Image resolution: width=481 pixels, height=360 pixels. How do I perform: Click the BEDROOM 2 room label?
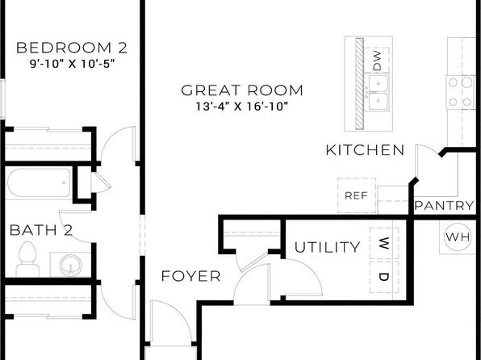click(72, 48)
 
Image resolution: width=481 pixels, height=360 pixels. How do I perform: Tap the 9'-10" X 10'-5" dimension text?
click(72, 64)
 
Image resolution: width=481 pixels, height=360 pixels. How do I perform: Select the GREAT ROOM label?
click(242, 90)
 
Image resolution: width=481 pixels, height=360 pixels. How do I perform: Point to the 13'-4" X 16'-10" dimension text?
click(242, 107)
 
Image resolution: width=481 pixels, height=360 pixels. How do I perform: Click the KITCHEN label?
click(365, 150)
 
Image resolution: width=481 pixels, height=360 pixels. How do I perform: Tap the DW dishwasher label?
click(377, 61)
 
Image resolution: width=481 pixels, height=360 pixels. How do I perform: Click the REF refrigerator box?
click(357, 195)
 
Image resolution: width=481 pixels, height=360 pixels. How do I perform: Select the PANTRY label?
click(444, 205)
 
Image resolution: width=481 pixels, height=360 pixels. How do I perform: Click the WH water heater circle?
click(458, 237)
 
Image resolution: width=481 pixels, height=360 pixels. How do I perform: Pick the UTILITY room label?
click(328, 247)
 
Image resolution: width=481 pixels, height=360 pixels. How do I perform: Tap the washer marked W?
click(384, 243)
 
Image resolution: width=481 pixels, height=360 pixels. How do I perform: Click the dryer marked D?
click(384, 277)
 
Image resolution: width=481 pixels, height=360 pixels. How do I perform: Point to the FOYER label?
click(190, 276)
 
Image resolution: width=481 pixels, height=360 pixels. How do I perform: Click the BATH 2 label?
click(41, 230)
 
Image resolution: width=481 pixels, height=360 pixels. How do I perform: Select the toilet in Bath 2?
click(27, 259)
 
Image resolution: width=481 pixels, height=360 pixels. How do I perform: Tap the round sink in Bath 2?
click(71, 266)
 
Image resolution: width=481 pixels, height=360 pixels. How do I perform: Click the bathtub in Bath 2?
click(39, 183)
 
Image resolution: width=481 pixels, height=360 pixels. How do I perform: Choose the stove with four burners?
click(460, 92)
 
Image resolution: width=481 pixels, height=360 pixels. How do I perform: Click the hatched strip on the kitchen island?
click(359, 84)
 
